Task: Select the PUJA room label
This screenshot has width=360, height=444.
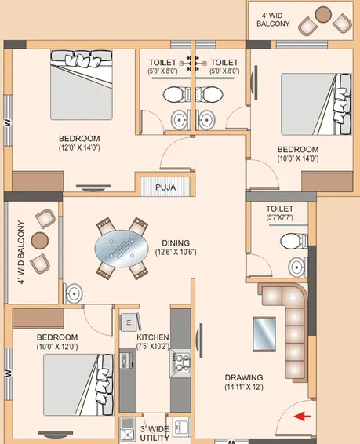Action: click(165, 187)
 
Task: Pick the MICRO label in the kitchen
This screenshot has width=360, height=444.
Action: click(125, 361)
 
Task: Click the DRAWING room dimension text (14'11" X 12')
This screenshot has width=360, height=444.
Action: click(244, 387)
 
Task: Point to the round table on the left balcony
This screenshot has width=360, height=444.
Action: click(40, 241)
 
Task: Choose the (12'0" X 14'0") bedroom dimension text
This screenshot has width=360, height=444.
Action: click(79, 147)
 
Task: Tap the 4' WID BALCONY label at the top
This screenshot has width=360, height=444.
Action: click(273, 19)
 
